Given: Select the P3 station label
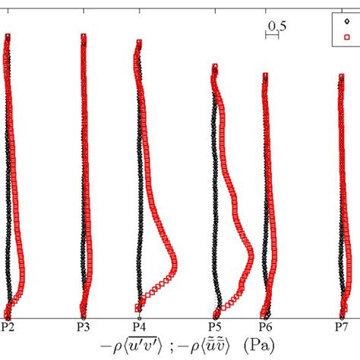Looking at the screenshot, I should [x=84, y=327].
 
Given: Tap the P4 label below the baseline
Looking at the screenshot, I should [x=139, y=327].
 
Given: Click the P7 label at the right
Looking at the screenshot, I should [x=341, y=327].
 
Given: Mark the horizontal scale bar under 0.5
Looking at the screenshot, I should [x=273, y=36].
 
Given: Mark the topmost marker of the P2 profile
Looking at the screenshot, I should [x=8, y=36].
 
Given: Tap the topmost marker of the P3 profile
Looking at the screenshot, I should [x=83, y=36].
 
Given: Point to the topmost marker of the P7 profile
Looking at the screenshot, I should [x=340, y=75].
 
